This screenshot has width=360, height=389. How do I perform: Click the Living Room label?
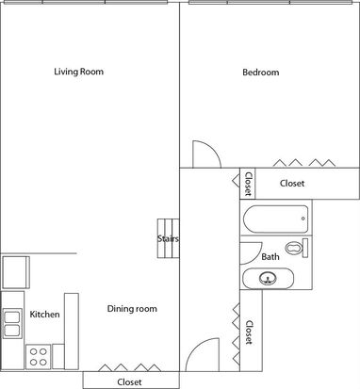78,72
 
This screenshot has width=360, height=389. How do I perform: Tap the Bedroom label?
261,73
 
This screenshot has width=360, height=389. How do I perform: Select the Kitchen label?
44,314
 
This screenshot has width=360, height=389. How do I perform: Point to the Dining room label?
132,309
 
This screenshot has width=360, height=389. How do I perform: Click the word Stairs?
168,238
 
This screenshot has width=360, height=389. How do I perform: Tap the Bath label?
270,257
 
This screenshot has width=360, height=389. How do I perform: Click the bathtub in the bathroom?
275,219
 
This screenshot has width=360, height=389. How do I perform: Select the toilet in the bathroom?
297,248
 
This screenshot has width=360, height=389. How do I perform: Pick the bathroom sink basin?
268,278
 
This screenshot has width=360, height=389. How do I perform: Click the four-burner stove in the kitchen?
38,357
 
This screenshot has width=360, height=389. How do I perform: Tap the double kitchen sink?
12,324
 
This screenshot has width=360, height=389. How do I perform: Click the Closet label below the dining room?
129,382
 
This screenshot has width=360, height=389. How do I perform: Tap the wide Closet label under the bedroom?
292,183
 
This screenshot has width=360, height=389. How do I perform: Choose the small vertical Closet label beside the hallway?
248,184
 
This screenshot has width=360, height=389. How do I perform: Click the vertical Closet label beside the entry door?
249,332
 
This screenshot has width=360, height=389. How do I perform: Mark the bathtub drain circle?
303,219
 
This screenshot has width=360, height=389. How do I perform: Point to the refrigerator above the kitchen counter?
16,272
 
